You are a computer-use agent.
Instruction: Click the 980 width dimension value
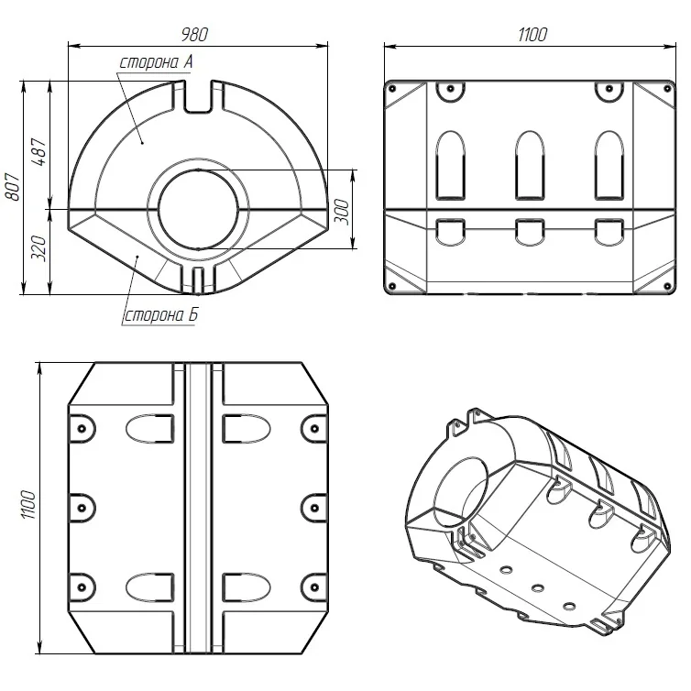coord(194,35)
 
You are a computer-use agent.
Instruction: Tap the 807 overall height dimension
coord(13,187)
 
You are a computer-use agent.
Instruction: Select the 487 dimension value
coord(39,151)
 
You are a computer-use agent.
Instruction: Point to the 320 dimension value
coord(39,248)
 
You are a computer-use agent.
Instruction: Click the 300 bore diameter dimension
coord(343,212)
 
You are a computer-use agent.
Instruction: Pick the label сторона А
coord(156,62)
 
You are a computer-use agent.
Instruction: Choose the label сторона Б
coord(161,315)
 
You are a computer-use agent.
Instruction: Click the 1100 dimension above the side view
coord(532,35)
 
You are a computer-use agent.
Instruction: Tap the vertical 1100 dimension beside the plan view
coord(28,504)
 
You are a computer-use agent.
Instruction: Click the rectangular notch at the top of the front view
coord(198,97)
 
